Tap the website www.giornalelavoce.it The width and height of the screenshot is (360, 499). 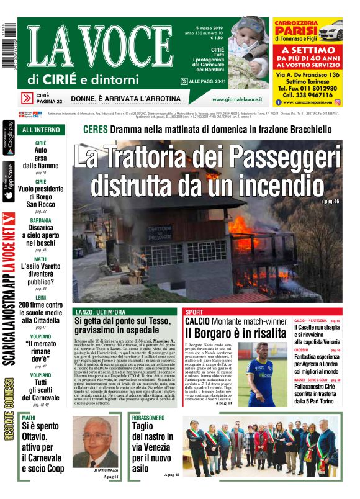click(x=236, y=99)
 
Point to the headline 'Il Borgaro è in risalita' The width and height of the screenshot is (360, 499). click(x=228, y=333)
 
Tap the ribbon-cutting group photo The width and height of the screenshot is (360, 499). click(x=263, y=446)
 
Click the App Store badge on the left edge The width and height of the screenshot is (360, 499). click(x=8, y=181)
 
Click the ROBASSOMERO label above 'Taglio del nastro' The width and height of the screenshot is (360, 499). click(x=148, y=418)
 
